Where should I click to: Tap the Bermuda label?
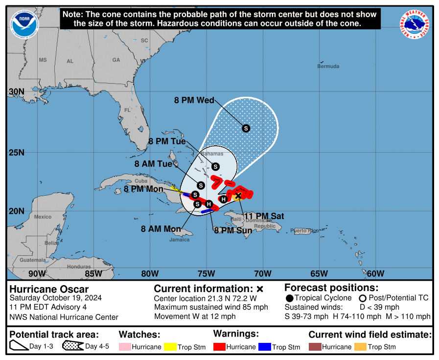point(328,66)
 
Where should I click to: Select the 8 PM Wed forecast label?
point(194,100)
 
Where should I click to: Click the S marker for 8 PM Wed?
point(246,128)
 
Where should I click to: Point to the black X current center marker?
point(238,196)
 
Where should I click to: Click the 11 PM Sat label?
point(264,216)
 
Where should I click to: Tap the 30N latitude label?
point(16,92)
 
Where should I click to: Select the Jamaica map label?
point(180,240)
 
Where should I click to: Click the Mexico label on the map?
point(43,217)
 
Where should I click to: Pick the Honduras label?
point(79,267)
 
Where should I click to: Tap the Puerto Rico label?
point(304,230)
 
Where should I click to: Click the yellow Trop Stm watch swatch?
point(170,347)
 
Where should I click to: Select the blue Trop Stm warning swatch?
point(264,347)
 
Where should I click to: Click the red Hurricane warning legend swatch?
point(220,347)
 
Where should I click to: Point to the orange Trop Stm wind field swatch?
point(360,347)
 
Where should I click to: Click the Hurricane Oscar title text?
point(49,289)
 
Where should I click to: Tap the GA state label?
point(116,60)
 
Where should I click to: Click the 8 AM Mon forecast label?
point(161,228)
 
